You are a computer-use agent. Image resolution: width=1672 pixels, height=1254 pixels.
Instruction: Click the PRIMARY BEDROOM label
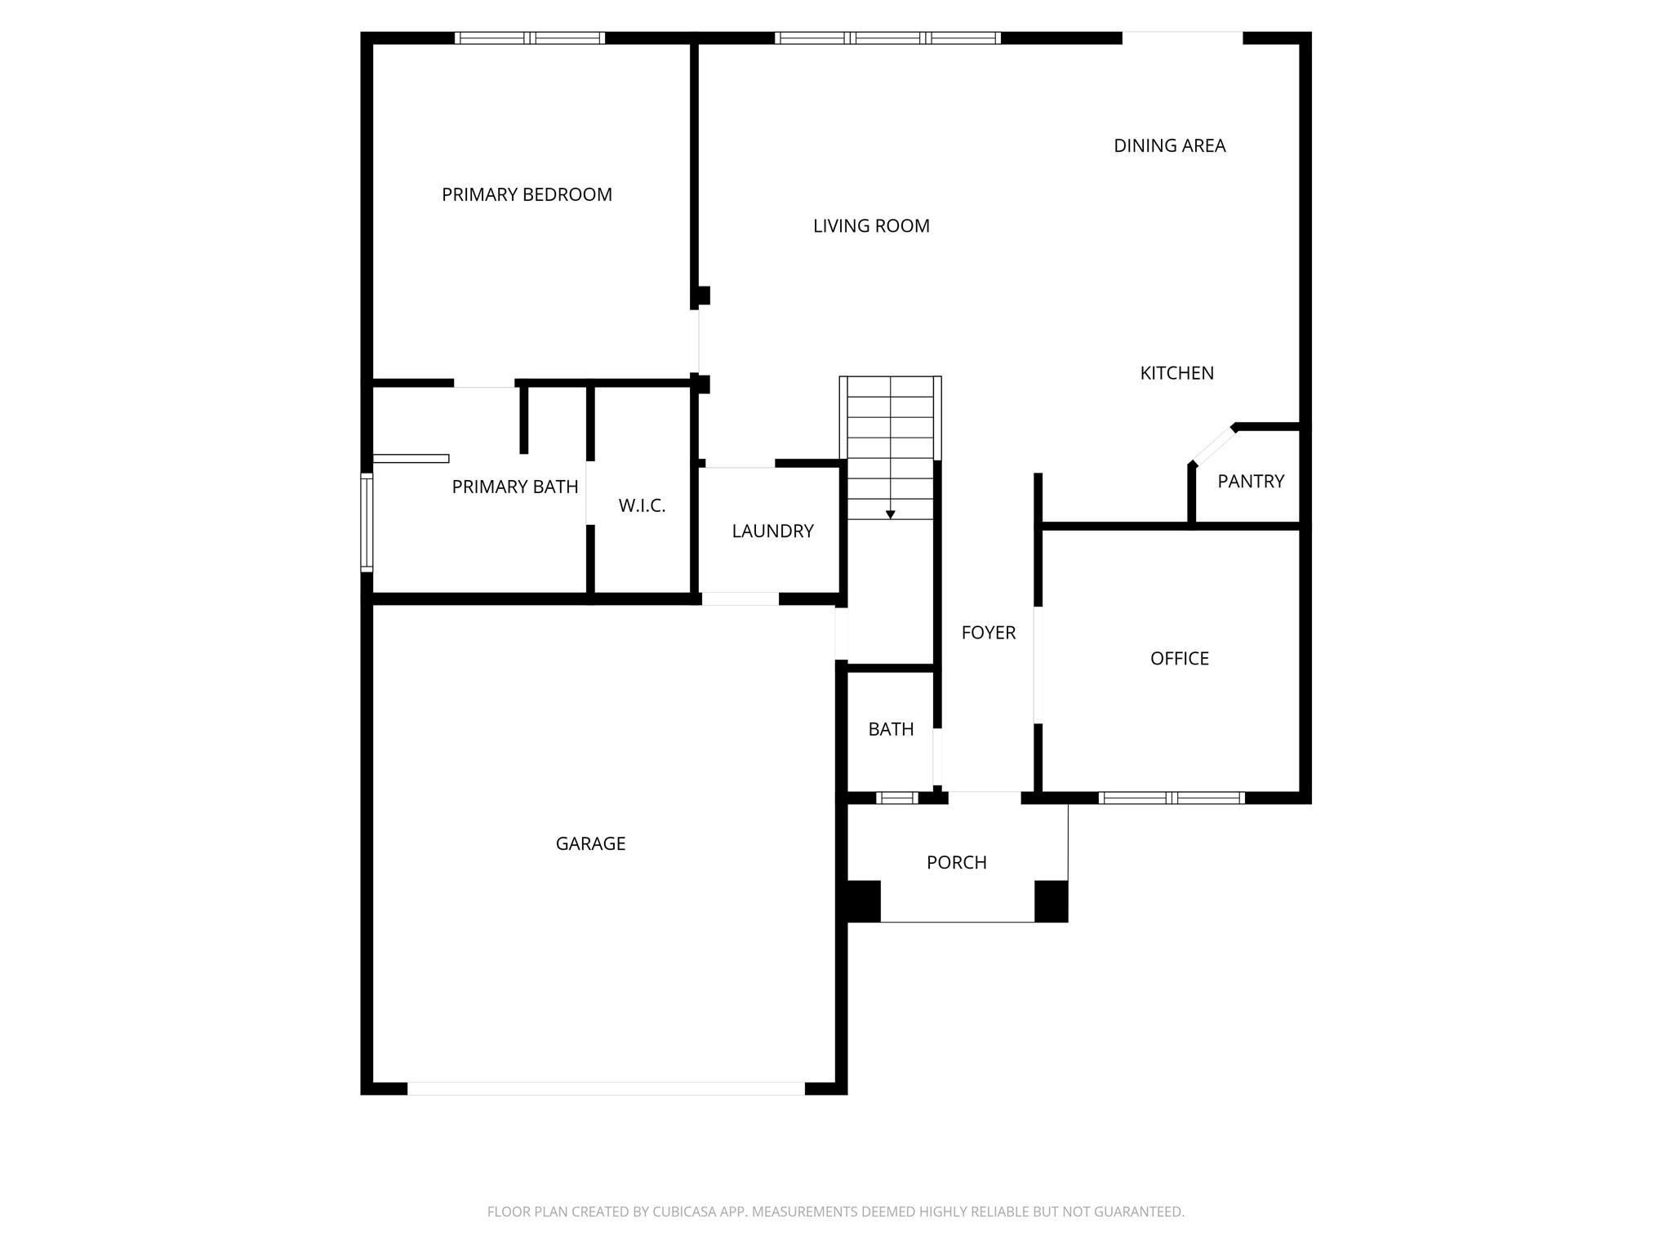point(527,194)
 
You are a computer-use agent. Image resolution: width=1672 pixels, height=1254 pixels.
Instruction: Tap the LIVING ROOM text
point(871,226)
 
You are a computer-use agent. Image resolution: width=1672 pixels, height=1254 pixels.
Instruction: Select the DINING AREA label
point(1170,145)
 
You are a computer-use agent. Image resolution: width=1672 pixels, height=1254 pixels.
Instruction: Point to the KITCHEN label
point(1176,373)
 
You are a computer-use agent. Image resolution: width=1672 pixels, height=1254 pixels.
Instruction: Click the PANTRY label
point(1251,482)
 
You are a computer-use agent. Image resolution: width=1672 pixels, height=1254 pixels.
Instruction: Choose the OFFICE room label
point(1180,659)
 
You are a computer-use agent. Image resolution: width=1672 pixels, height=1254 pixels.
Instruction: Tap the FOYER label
point(989,633)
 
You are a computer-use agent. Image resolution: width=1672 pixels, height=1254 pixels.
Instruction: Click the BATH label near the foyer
point(891,729)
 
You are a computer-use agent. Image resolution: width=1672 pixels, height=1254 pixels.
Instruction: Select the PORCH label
point(957,863)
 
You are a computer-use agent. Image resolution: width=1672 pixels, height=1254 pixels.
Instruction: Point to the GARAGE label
point(590,844)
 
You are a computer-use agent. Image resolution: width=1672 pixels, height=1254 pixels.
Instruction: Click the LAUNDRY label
point(772,531)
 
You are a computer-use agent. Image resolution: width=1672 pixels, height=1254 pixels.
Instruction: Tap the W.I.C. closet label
point(642,506)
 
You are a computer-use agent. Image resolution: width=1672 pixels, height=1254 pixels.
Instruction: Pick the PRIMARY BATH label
point(515,487)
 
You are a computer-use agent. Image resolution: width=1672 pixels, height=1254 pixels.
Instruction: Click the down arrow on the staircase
point(891,514)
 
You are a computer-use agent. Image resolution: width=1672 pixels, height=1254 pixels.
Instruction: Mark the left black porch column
point(863,901)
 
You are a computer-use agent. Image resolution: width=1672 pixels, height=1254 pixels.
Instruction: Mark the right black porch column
point(1052,901)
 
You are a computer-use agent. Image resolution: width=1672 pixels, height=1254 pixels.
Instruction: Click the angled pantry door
point(1213,446)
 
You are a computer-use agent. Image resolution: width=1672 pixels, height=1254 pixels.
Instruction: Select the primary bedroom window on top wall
point(530,38)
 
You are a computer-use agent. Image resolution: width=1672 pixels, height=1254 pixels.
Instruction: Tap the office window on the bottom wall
point(1172,798)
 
